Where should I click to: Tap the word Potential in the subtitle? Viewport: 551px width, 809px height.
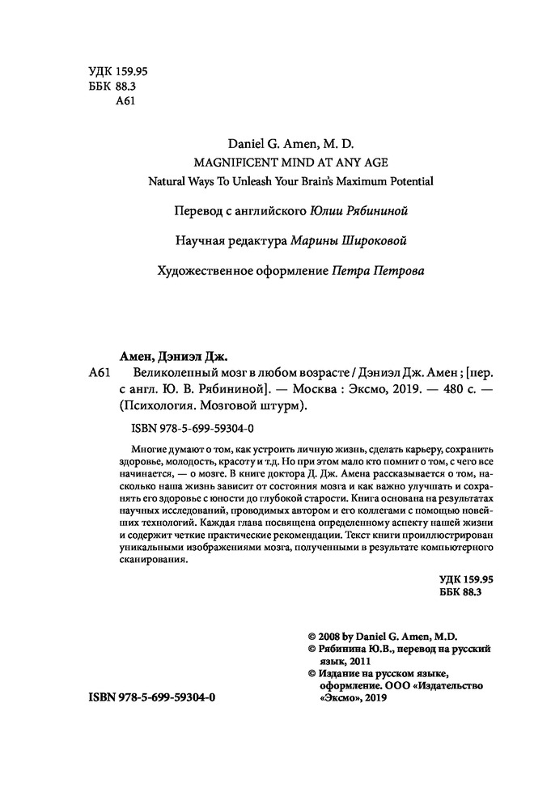pos(402,180)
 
